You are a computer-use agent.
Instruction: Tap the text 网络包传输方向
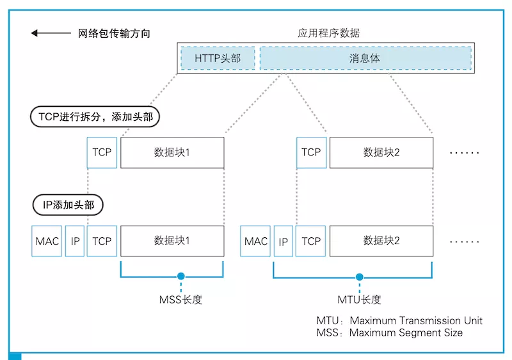(115, 33)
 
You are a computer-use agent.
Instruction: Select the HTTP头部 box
(218, 58)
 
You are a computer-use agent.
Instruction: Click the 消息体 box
(365, 58)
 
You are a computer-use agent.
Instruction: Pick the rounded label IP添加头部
(68, 205)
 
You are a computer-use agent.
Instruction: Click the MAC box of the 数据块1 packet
(47, 241)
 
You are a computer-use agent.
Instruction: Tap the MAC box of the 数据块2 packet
(256, 241)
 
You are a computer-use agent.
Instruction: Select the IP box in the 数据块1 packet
(76, 241)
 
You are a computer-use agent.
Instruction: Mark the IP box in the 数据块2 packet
(283, 241)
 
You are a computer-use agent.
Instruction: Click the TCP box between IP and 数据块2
(311, 241)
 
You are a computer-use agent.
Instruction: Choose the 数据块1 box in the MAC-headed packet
(172, 241)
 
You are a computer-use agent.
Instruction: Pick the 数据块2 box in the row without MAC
(381, 152)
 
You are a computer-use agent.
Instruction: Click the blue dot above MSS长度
(181, 277)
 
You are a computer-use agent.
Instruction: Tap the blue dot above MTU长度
(360, 277)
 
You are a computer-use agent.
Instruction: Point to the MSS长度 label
(180, 299)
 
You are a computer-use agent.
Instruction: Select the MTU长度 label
(359, 299)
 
